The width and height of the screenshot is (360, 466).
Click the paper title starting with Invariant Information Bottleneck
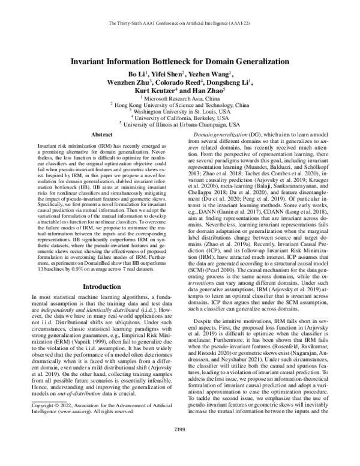[180, 61]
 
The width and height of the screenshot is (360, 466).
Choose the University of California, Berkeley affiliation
[180, 118]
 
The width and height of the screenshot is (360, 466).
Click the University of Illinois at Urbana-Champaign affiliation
[180, 124]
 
